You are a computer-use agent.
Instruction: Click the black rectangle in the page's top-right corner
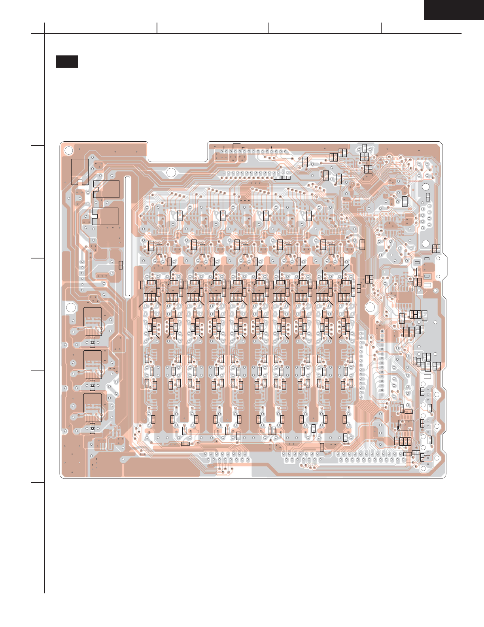(454, 9)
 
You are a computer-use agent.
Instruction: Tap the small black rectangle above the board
(66, 61)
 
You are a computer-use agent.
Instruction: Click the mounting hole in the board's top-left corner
(68, 150)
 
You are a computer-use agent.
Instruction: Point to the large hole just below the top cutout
(171, 173)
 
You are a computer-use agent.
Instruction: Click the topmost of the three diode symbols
(93, 342)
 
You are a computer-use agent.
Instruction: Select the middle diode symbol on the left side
(93, 385)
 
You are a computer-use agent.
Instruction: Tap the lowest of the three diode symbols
(93, 428)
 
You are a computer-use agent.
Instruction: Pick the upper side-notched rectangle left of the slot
(106, 189)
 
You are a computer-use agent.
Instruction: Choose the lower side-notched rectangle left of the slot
(105, 216)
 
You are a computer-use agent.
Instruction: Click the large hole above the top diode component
(71, 308)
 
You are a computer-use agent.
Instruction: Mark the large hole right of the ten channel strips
(370, 307)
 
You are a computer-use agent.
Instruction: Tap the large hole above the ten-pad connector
(425, 187)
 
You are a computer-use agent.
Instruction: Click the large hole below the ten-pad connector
(425, 244)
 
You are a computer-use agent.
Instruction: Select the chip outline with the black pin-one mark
(406, 425)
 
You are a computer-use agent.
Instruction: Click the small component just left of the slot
(121, 265)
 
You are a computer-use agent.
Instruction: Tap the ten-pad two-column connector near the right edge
(425, 216)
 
